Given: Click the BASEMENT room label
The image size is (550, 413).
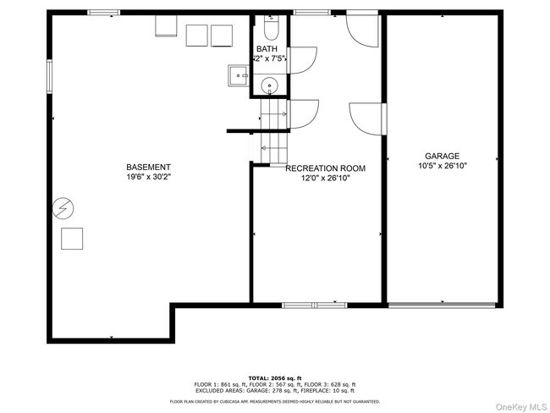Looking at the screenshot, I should pos(149,167).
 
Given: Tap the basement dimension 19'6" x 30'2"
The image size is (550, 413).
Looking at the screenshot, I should pos(149,178).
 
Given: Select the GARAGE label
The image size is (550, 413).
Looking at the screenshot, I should pos(442,156).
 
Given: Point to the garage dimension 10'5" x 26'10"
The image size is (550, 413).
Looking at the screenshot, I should pos(442,167).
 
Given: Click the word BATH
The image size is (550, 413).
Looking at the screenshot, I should pos(267,49).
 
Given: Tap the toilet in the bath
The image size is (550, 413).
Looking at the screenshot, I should pos(270,30).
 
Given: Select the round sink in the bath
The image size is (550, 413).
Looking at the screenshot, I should pos(269,85).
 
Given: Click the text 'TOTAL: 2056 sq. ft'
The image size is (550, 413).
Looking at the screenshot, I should pos(275,377).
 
